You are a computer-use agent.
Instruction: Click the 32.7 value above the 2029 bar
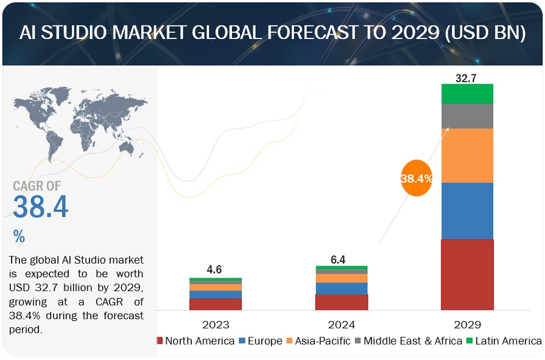467,77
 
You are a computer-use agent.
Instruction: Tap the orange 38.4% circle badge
417,178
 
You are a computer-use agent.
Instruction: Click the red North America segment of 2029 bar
467,274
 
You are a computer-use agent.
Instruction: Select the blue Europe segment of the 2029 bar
467,211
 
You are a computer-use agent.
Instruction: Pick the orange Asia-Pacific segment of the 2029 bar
467,155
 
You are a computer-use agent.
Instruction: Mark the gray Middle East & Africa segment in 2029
467,116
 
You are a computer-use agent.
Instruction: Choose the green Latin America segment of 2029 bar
467,94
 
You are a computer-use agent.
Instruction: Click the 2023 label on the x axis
215,325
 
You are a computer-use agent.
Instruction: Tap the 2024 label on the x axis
341,325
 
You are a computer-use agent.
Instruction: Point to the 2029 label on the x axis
467,325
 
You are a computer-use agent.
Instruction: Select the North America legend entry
195,341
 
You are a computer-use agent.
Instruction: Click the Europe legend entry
260,341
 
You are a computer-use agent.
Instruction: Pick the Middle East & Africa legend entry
407,341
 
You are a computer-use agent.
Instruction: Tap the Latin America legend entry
504,341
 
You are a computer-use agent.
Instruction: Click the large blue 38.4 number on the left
41,207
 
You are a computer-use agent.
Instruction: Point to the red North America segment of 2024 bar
341,302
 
